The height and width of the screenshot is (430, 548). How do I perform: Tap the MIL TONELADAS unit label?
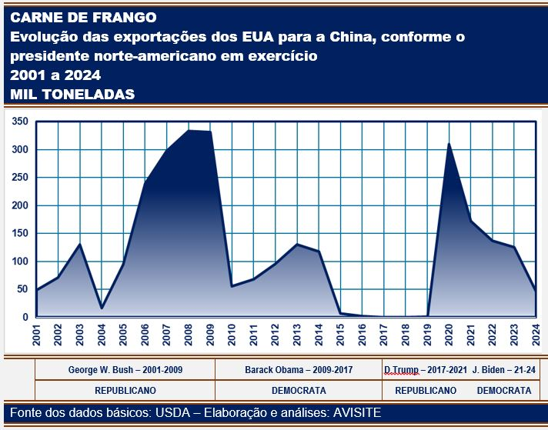73,94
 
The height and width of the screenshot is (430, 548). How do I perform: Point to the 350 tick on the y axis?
21,122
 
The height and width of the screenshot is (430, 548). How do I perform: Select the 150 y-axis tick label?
21,233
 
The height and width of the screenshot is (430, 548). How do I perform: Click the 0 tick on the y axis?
26,317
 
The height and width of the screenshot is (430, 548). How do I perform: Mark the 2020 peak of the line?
449,144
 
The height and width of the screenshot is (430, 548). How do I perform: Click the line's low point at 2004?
102,308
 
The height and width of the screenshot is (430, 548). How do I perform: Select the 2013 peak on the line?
296,245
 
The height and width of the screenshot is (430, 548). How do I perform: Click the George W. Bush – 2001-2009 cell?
124,370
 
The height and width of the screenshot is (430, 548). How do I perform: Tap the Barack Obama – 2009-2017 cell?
299,370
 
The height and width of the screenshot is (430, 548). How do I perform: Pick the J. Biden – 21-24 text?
504,370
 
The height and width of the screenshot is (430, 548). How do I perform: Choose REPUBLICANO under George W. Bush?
125,390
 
